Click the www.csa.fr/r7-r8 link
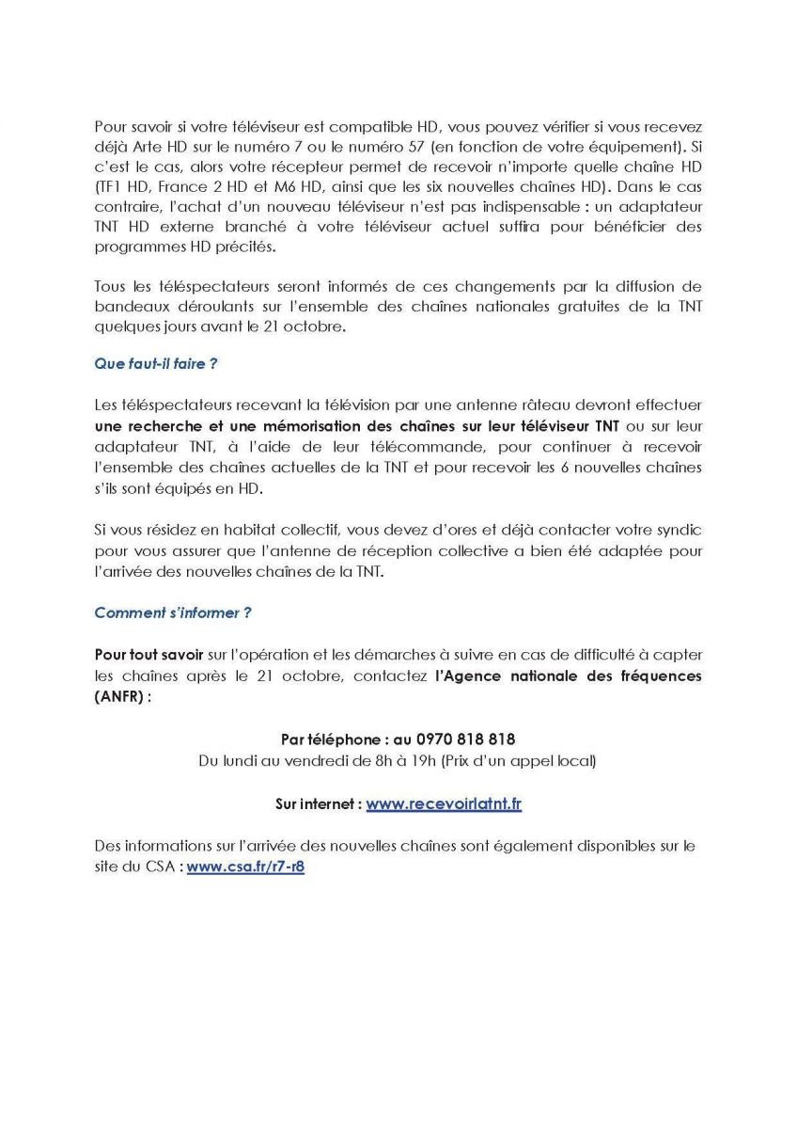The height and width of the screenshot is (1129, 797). [245, 867]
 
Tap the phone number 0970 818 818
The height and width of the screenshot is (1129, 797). [459, 739]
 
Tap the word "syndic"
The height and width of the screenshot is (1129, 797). [679, 532]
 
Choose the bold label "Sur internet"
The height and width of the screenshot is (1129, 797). [317, 804]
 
